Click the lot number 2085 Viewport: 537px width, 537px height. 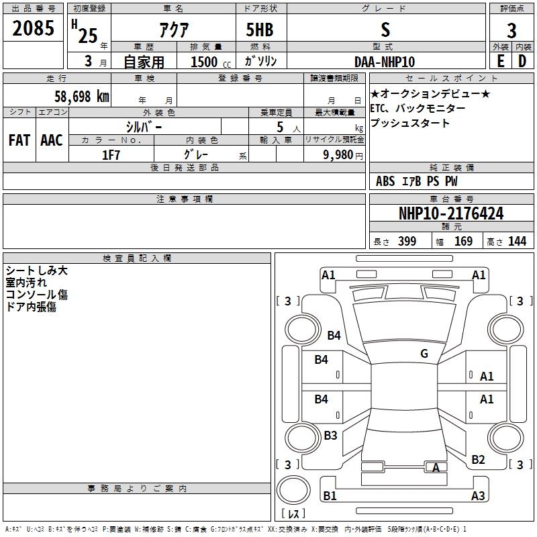34,29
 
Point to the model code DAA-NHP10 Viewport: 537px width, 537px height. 385,61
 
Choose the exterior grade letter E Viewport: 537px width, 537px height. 500,61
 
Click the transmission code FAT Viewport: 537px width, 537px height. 19,140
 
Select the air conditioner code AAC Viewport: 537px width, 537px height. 51,140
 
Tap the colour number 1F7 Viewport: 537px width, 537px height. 111,155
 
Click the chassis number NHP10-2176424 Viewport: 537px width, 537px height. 451,213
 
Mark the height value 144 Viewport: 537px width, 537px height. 517,242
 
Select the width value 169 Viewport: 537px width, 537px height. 463,242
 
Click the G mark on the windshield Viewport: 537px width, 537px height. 424,354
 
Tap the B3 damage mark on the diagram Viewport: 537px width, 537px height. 330,436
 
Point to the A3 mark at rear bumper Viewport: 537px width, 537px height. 478,496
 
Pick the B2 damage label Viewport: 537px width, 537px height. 478,460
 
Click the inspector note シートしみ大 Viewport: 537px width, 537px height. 37,271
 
